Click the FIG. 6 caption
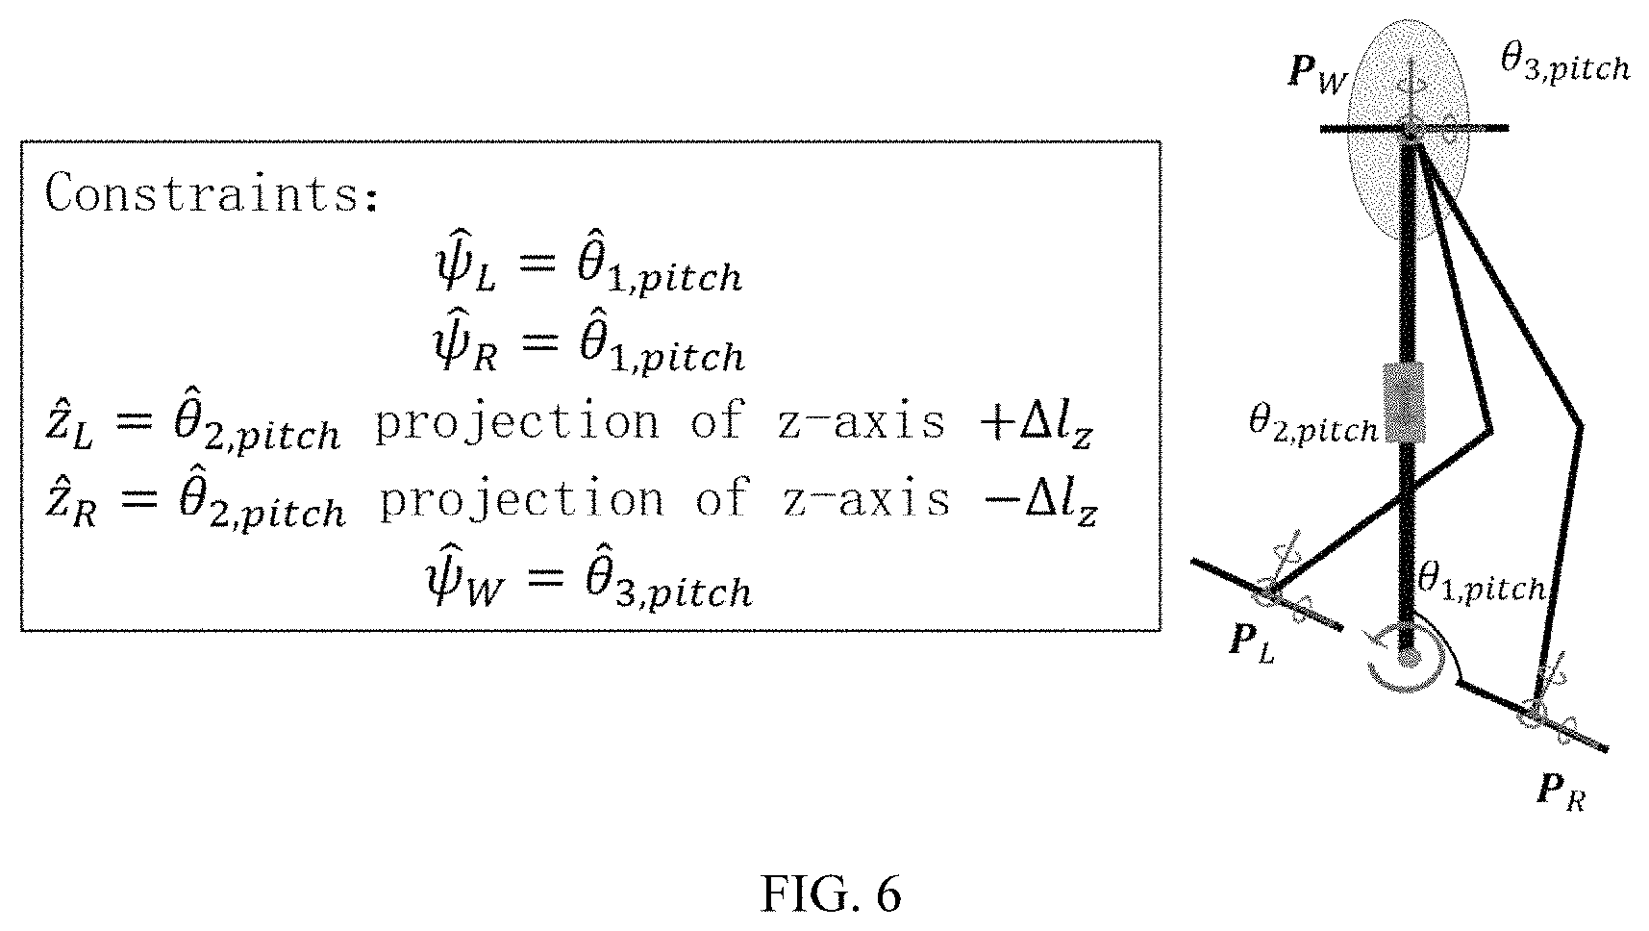click(x=832, y=894)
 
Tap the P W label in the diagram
click(x=1318, y=76)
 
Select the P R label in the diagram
click(x=1561, y=793)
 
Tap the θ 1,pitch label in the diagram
click(x=1481, y=583)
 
